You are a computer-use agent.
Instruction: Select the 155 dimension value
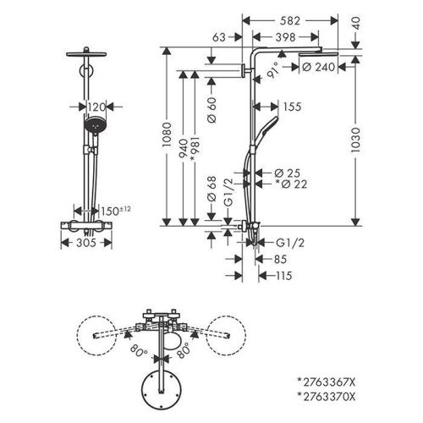coord(294,107)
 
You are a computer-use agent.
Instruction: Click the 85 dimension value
coord(281,260)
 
